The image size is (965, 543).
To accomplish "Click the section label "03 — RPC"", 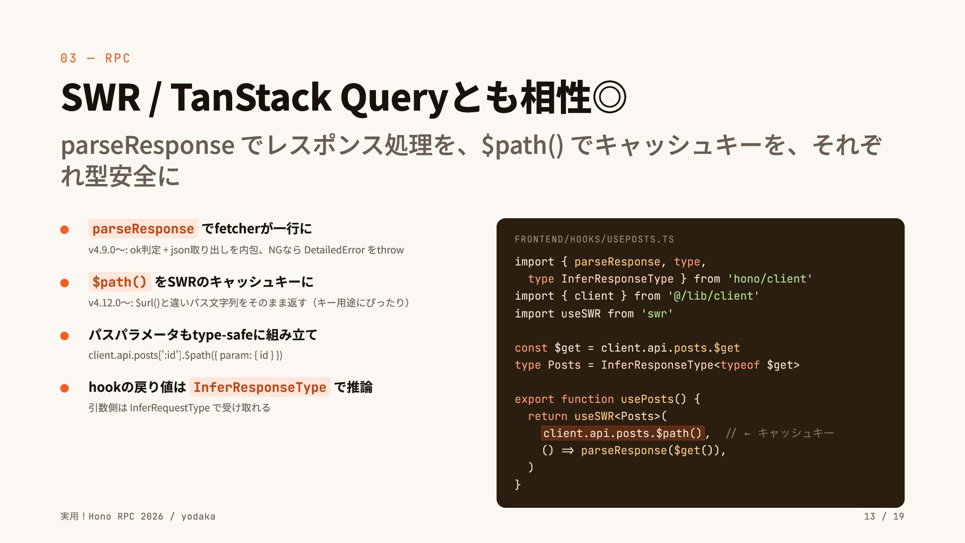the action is pos(95,58).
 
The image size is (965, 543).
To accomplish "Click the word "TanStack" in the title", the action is pos(251,97).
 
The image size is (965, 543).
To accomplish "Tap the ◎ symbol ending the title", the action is pos(610,97).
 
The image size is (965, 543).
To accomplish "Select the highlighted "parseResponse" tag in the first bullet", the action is pos(143,229).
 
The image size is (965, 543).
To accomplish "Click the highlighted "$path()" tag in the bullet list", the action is pos(119,282).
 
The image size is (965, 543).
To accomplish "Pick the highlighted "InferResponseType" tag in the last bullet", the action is pos(260,387).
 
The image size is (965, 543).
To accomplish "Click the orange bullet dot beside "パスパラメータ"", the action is pos(64,336).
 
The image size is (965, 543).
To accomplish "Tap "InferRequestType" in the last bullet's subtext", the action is pos(169,408).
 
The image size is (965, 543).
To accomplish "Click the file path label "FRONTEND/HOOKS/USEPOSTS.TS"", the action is pos(594,239).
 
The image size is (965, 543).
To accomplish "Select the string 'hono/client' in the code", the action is pos(769,279).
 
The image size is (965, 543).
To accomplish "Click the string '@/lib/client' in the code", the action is pos(713,296).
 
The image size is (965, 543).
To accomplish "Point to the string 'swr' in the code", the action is pos(657,314).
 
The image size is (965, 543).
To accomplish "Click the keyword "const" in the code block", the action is pos(531,348).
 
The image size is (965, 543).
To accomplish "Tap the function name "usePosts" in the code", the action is pos(647,399).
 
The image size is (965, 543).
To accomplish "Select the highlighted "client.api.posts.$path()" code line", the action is pos(622,433).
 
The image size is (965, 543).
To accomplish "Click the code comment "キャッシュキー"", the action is pos(796,433).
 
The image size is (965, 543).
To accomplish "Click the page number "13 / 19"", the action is pos(884,516).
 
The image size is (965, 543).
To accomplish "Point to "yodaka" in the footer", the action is pos(198,516).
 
